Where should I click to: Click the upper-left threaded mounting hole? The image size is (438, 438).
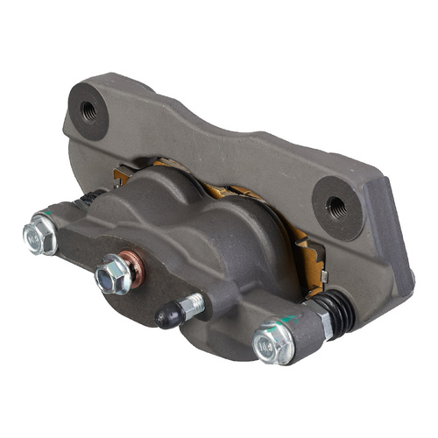pos(88,110)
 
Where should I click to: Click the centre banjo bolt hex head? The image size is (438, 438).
pos(112,273)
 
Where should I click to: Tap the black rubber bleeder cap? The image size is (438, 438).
pos(169,316)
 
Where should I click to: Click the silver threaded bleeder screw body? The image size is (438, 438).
pos(193,304)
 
